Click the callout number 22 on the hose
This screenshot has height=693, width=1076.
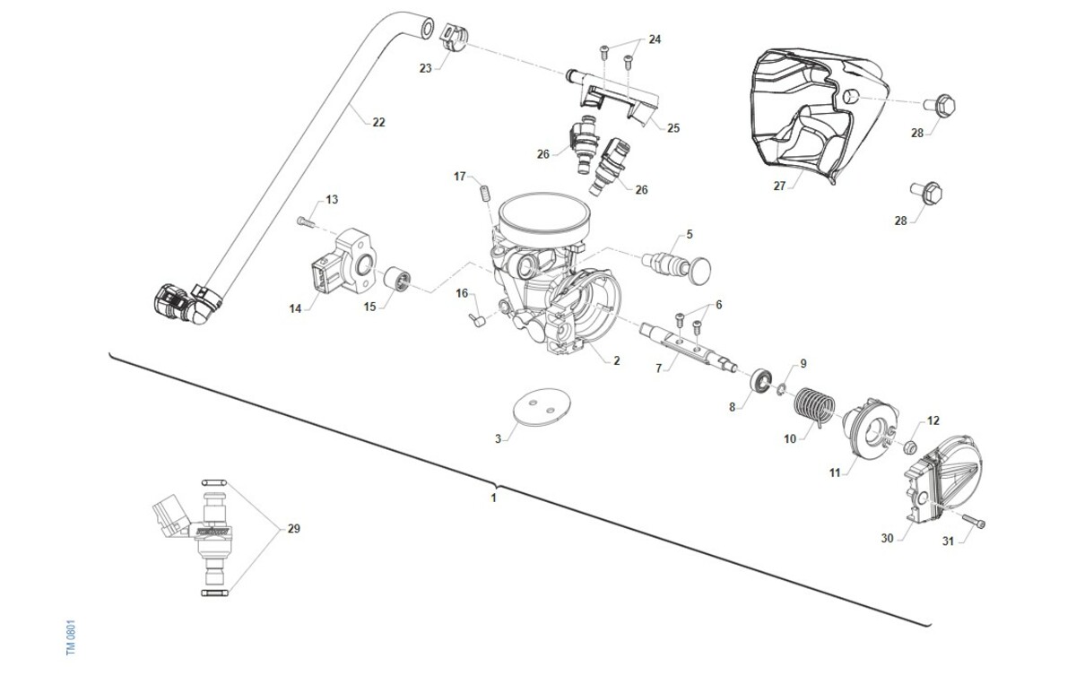(x=378, y=122)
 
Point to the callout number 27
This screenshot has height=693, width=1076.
(x=779, y=186)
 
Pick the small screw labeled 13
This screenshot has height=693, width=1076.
(x=305, y=220)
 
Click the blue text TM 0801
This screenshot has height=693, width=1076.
(x=72, y=637)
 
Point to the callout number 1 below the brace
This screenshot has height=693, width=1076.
(x=493, y=498)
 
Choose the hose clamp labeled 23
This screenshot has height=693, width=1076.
(x=455, y=33)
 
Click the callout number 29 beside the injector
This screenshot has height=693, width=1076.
(x=293, y=528)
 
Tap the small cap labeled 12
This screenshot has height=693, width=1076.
(x=907, y=446)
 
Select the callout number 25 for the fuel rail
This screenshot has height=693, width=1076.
(x=672, y=127)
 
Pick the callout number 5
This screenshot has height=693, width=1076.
(x=689, y=234)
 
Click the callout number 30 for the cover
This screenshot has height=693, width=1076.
(x=887, y=539)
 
